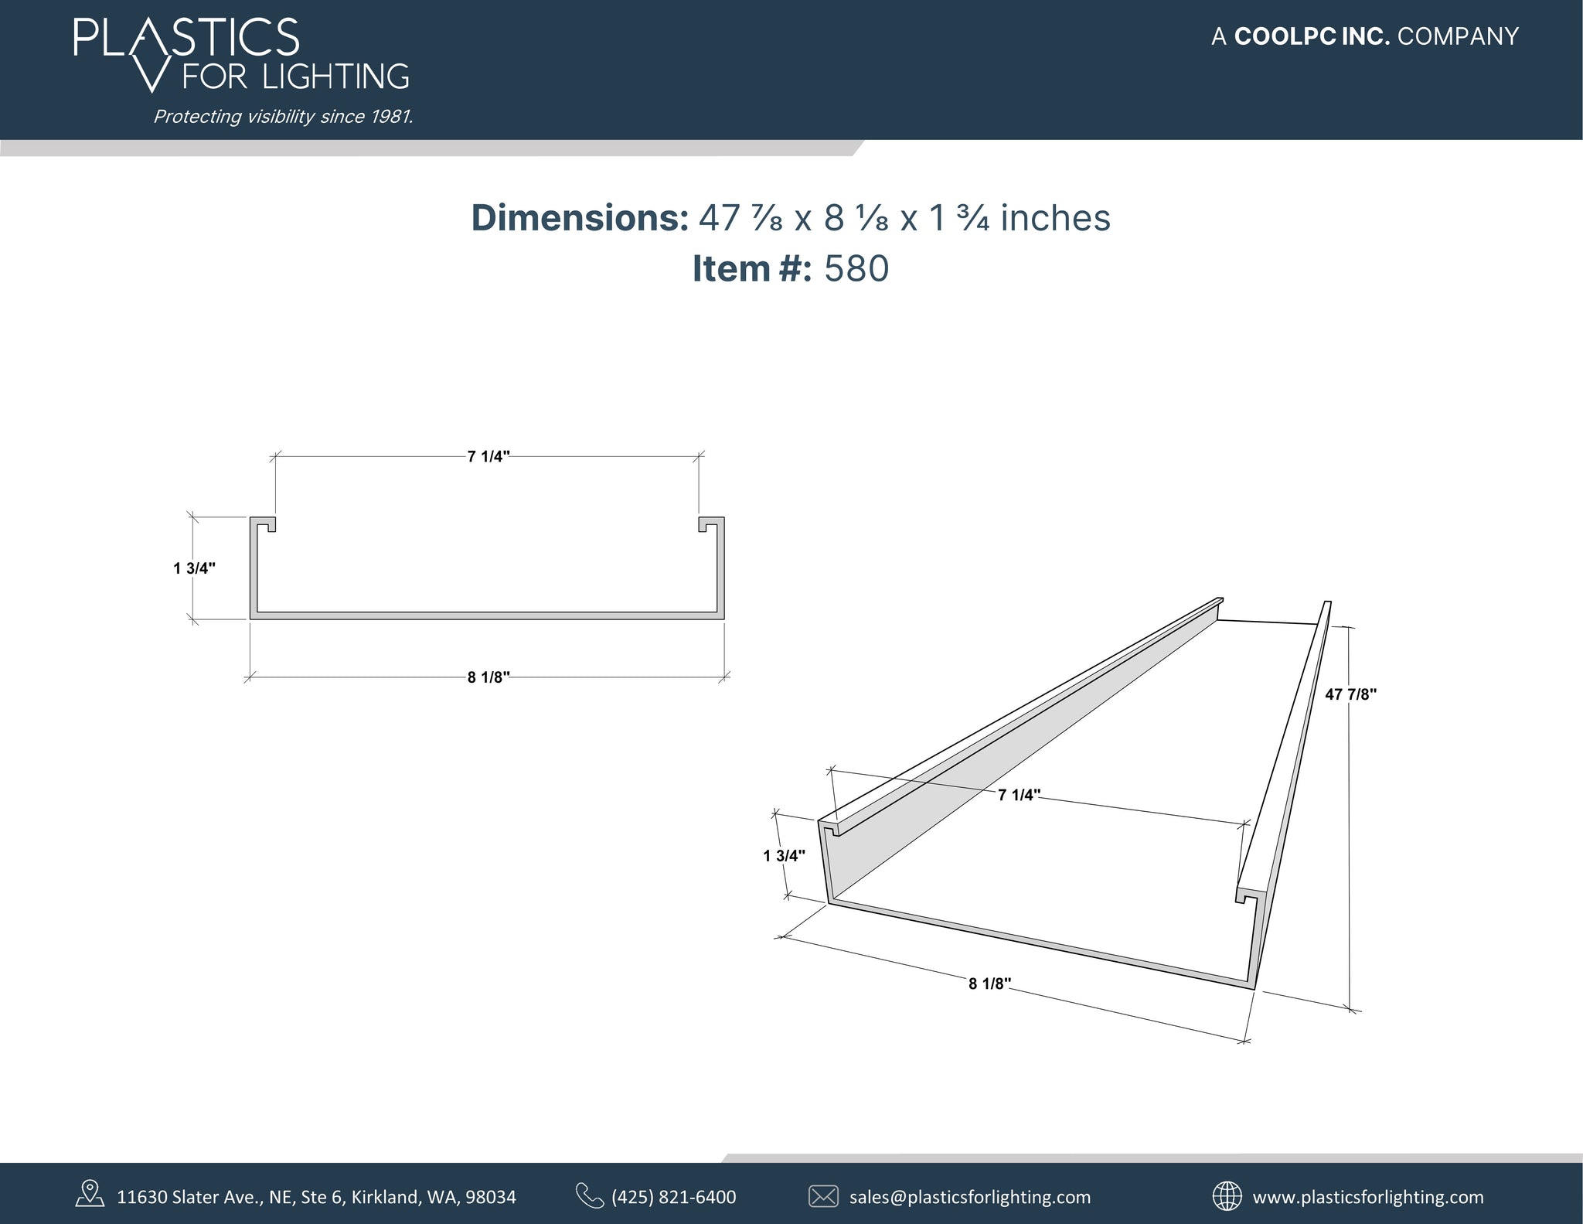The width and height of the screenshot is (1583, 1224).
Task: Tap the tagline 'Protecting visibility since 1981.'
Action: [283, 117]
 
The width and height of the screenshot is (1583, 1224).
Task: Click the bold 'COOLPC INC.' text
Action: [1312, 36]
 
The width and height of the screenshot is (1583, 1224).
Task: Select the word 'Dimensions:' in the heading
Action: [580, 218]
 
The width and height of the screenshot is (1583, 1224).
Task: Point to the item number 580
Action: [856, 269]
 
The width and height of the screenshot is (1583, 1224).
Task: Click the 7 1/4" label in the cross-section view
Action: [489, 456]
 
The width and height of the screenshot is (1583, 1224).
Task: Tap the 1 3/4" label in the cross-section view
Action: [194, 568]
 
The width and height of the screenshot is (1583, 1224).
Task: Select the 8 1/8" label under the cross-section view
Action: [489, 678]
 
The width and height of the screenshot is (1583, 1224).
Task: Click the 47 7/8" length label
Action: [1350, 694]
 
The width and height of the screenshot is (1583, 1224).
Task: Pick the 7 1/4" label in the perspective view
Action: [1019, 795]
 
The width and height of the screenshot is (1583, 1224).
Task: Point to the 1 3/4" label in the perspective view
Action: [784, 855]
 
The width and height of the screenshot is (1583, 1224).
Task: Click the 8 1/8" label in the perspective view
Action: [989, 984]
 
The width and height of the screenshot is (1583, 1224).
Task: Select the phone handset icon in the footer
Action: [589, 1195]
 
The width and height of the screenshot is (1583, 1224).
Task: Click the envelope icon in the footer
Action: [822, 1196]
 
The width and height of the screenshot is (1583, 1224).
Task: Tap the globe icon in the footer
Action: [1227, 1195]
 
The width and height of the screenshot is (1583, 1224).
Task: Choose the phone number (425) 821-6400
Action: [673, 1197]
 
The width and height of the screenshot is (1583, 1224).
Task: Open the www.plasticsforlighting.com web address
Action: [1367, 1197]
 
